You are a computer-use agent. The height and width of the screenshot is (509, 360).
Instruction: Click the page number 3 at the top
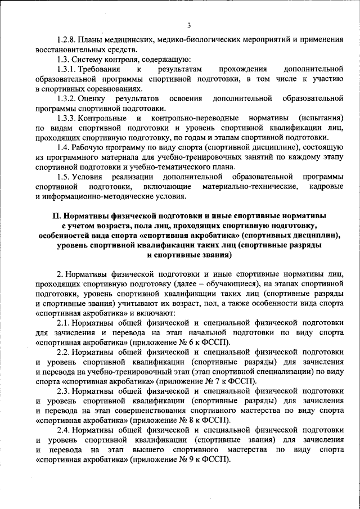coord(189,25)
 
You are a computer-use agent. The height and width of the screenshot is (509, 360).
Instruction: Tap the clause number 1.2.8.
coord(68,40)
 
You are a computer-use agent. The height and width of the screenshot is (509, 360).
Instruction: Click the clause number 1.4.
coord(64,148)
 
